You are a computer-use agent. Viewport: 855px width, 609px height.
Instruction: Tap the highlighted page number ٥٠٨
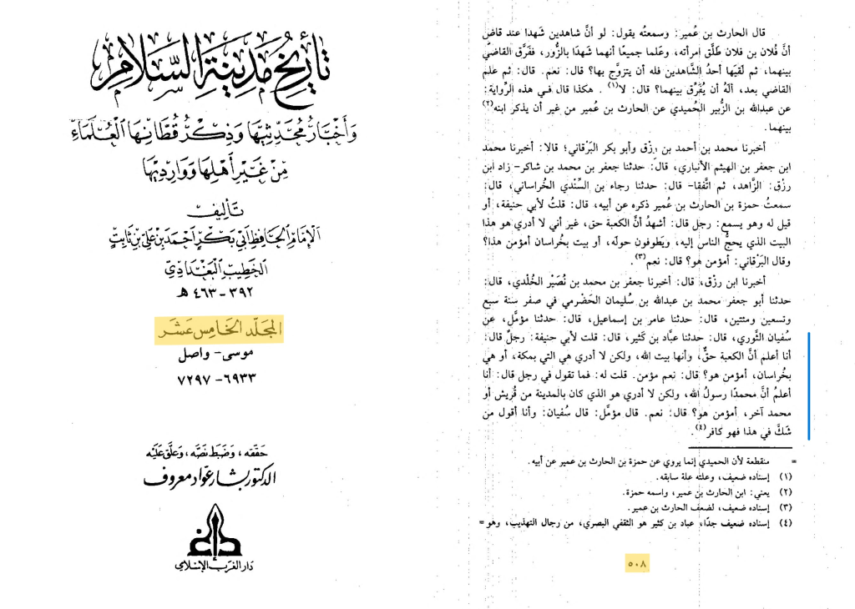[x=637, y=563]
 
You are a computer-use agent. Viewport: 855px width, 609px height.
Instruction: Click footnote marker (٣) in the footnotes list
[x=785, y=509]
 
